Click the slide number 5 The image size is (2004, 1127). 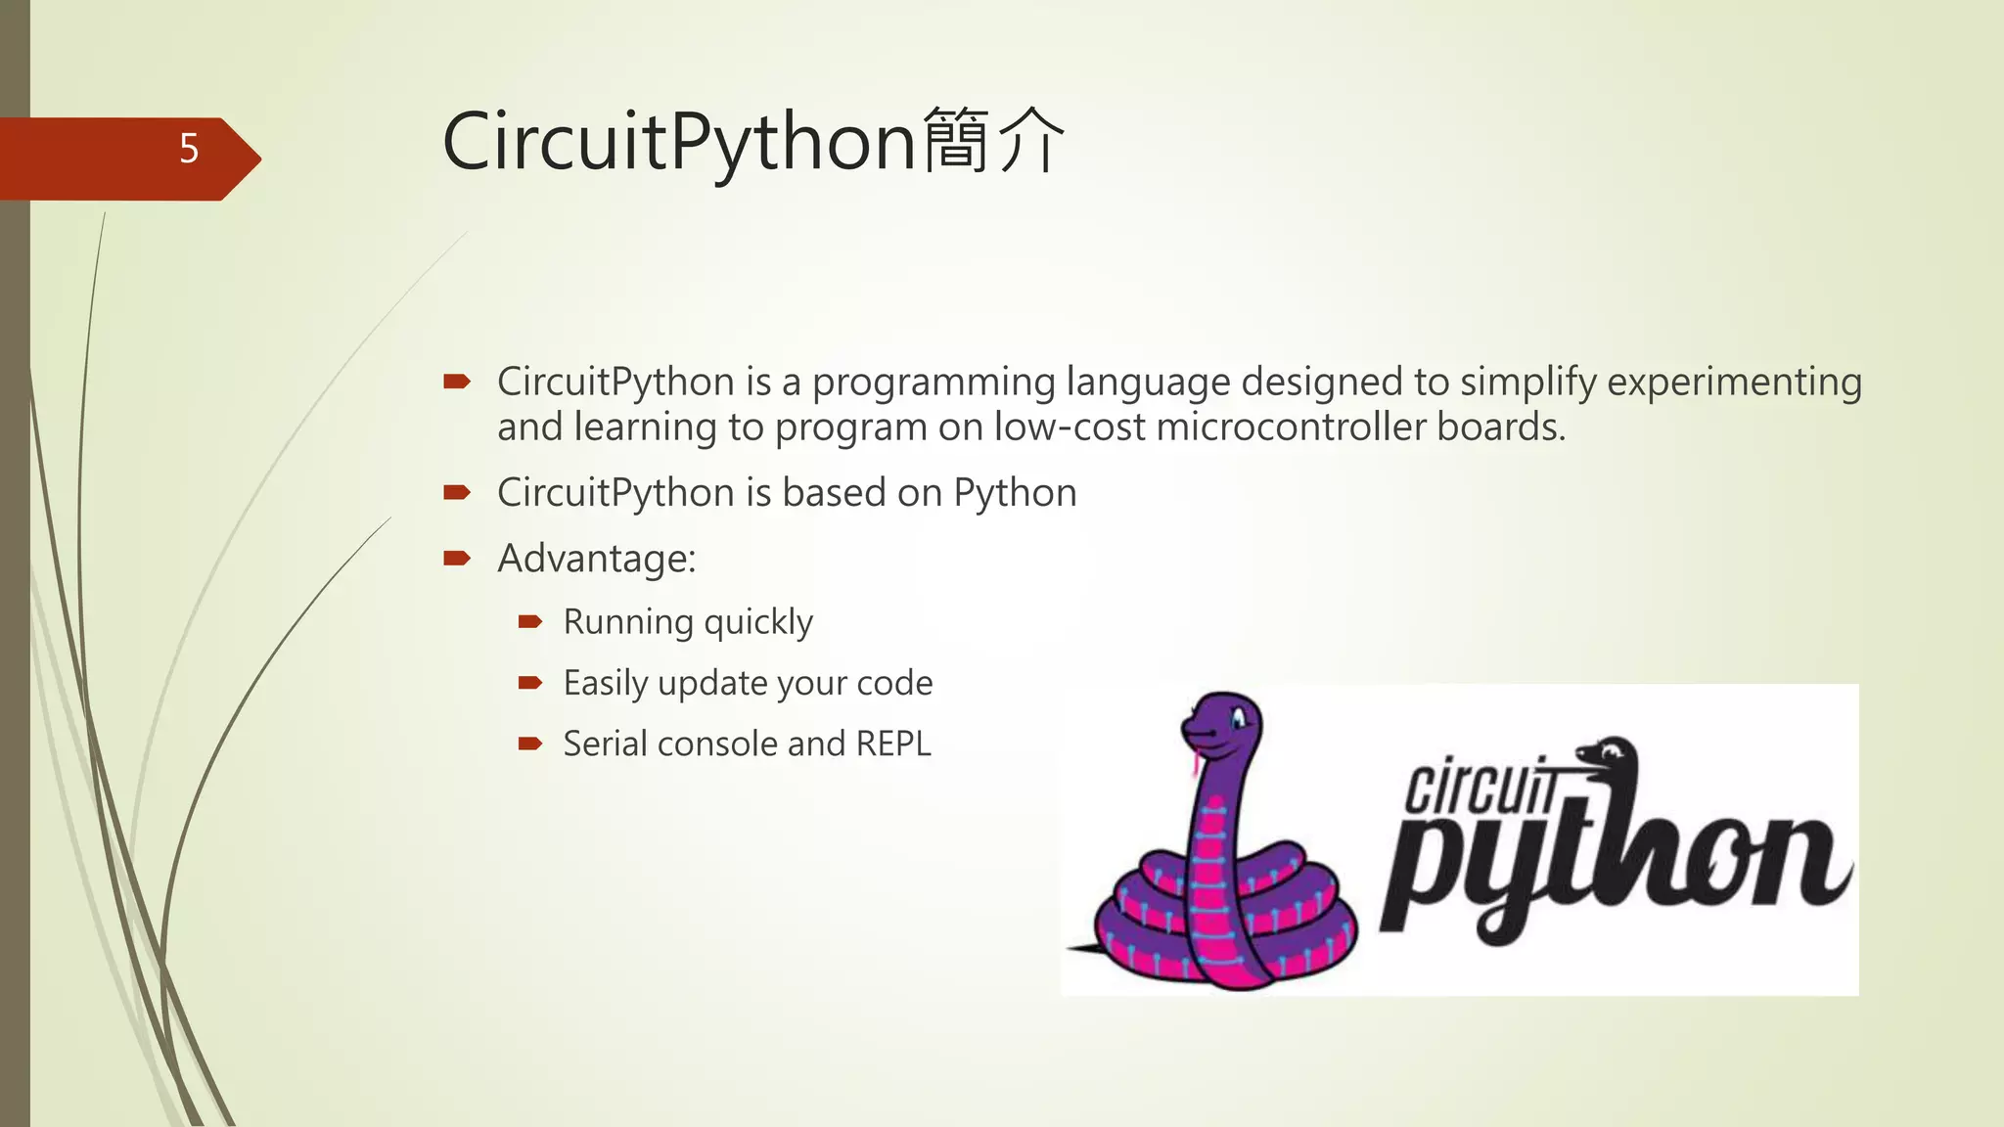(x=189, y=149)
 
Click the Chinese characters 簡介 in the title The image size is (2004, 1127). (x=993, y=141)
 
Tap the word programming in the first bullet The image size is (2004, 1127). (x=934, y=382)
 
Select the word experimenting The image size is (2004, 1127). (x=1734, y=382)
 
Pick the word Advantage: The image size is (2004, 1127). (x=596, y=559)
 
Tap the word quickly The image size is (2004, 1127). (x=758, y=622)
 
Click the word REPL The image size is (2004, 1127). (x=893, y=744)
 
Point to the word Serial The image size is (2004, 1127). (x=605, y=744)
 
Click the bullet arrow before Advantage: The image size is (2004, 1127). (x=457, y=559)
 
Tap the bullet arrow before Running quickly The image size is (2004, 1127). (x=530, y=621)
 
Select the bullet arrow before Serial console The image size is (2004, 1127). (x=530, y=744)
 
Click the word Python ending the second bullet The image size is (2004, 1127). (x=1015, y=493)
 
